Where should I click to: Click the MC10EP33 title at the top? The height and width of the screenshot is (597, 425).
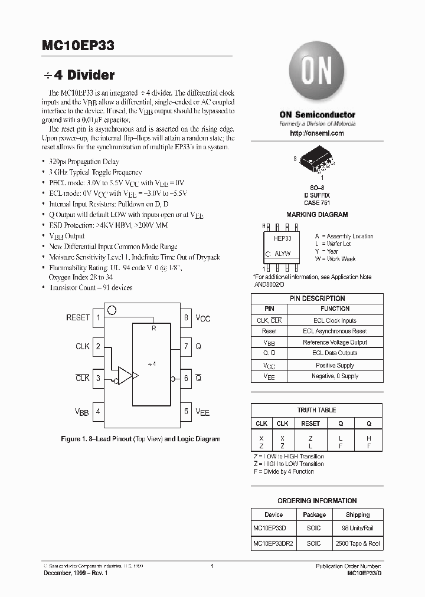point(79,45)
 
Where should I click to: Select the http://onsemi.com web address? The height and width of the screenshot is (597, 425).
point(317,133)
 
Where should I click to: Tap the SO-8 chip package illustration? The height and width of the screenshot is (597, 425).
point(317,159)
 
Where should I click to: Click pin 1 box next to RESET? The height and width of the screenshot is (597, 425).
point(98,318)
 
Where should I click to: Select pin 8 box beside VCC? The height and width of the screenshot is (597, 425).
point(186,318)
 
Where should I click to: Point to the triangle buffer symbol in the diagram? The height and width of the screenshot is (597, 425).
point(126,375)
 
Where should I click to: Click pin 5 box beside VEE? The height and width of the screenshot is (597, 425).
point(186,412)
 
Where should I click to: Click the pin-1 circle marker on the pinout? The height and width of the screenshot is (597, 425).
point(112,310)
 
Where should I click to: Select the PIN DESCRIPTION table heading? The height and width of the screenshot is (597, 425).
point(317,298)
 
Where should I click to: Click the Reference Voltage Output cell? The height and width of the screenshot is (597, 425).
point(335,343)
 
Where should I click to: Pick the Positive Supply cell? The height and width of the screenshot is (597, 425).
point(335,365)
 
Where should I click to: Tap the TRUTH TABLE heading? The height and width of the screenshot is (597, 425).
point(316,410)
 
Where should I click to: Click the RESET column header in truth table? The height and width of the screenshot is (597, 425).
point(310,424)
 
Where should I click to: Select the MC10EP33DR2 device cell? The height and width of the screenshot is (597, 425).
point(273,543)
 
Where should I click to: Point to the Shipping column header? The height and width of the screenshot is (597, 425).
point(358,514)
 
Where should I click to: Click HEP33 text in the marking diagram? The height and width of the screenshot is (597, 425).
point(282,238)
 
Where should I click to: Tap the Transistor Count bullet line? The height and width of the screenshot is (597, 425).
point(90,287)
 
